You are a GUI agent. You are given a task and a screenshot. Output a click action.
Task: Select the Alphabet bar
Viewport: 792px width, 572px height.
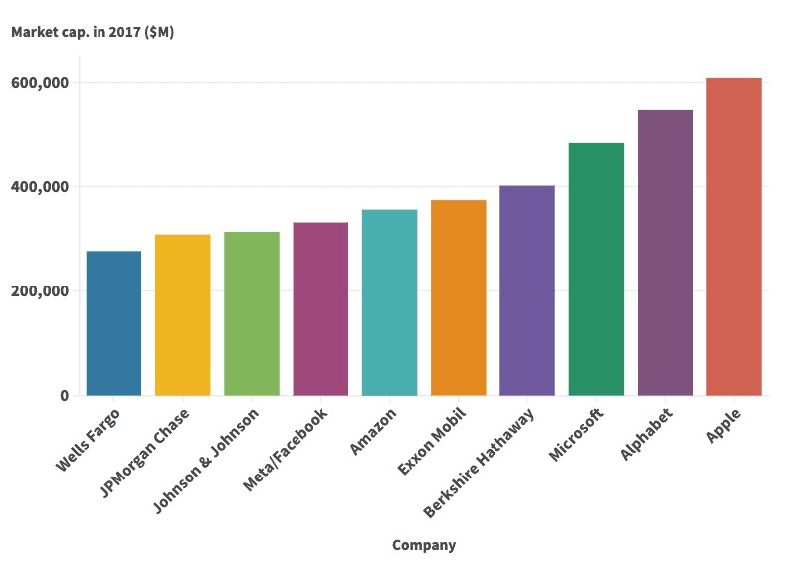(x=665, y=253)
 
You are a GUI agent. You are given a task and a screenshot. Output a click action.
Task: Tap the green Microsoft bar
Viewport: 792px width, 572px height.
(x=596, y=270)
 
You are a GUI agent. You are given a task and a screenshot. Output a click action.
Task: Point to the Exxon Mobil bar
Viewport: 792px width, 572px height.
(x=459, y=297)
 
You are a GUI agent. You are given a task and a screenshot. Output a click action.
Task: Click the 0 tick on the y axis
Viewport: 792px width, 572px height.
(x=64, y=396)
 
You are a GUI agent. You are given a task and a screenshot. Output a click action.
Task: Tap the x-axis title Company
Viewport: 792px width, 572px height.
(x=424, y=545)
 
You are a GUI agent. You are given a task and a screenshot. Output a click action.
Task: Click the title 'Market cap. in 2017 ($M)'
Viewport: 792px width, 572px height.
(x=93, y=32)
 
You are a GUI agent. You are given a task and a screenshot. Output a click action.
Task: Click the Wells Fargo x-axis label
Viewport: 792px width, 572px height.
(x=89, y=438)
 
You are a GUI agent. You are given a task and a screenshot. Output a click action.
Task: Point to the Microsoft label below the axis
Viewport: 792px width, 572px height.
(x=576, y=434)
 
